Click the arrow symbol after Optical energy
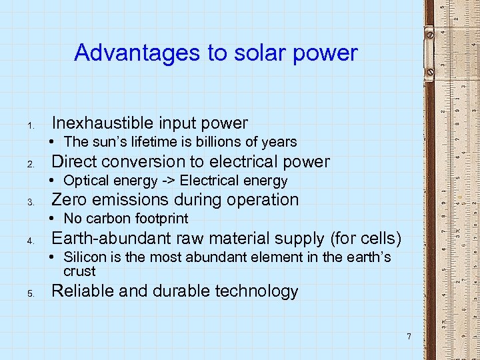pyautogui.click(x=167, y=181)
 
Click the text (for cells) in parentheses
pyautogui.click(x=369, y=239)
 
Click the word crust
pyautogui.click(x=79, y=271)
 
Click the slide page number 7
pyautogui.click(x=409, y=336)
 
